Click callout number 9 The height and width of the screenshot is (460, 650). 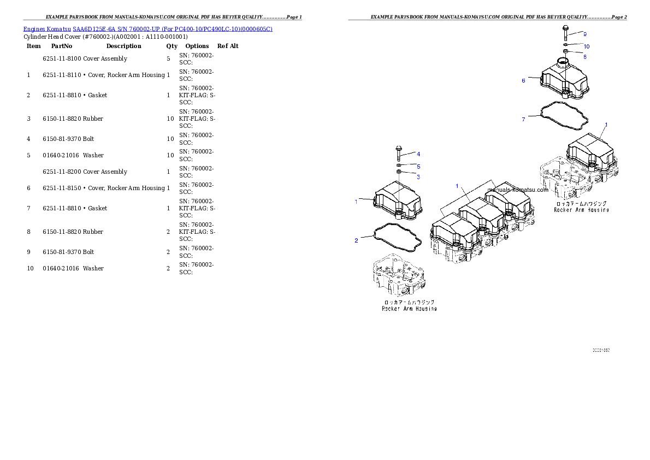[x=585, y=34]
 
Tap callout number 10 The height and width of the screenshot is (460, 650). [x=587, y=46]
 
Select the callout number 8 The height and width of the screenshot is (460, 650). [x=585, y=56]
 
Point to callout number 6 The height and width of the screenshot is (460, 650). [x=523, y=81]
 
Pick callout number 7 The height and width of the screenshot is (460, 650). [x=523, y=119]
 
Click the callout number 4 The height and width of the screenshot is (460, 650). [x=418, y=154]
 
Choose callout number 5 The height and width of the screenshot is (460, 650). [x=418, y=166]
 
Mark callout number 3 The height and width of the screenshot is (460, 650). [x=418, y=176]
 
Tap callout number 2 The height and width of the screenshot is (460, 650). [x=356, y=240]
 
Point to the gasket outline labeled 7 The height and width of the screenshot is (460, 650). [x=563, y=117]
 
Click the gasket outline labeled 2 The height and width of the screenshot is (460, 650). [x=397, y=238]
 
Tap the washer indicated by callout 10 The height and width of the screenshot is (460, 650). [x=566, y=45]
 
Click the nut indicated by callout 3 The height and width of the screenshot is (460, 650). [x=399, y=173]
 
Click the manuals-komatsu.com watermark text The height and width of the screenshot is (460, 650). [x=517, y=190]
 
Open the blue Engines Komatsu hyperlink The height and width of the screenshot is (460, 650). [x=147, y=28]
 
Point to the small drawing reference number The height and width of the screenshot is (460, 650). [x=601, y=350]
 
